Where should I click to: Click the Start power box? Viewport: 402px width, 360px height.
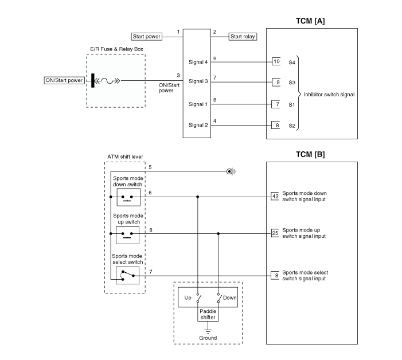(147, 37)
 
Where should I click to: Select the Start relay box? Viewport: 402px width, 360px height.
(243, 37)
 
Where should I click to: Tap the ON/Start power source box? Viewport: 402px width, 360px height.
(64, 80)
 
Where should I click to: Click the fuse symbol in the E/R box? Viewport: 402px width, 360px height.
(107, 81)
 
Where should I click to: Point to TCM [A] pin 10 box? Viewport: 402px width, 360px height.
(276, 61)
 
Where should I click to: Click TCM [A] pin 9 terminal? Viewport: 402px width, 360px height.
(276, 82)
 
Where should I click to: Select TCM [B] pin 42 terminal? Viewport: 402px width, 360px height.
(275, 197)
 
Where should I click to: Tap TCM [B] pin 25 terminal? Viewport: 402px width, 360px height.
(275, 233)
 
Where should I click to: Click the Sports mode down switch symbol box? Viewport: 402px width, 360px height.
(128, 197)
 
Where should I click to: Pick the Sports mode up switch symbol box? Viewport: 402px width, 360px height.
(127, 235)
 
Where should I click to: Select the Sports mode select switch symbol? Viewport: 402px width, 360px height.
(127, 275)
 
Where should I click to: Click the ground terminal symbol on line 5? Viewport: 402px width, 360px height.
(231, 171)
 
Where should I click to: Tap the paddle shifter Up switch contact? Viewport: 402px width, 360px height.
(198, 298)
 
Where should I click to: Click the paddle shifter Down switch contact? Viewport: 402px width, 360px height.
(219, 298)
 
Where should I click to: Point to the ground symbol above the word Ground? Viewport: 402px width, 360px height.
(208, 331)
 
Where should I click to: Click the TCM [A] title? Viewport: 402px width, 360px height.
(310, 21)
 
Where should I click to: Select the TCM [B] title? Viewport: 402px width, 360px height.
(310, 155)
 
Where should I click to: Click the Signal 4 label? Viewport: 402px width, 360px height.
(198, 62)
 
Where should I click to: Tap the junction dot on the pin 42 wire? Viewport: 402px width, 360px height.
(197, 197)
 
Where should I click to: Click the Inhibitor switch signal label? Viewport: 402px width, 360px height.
(329, 95)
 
